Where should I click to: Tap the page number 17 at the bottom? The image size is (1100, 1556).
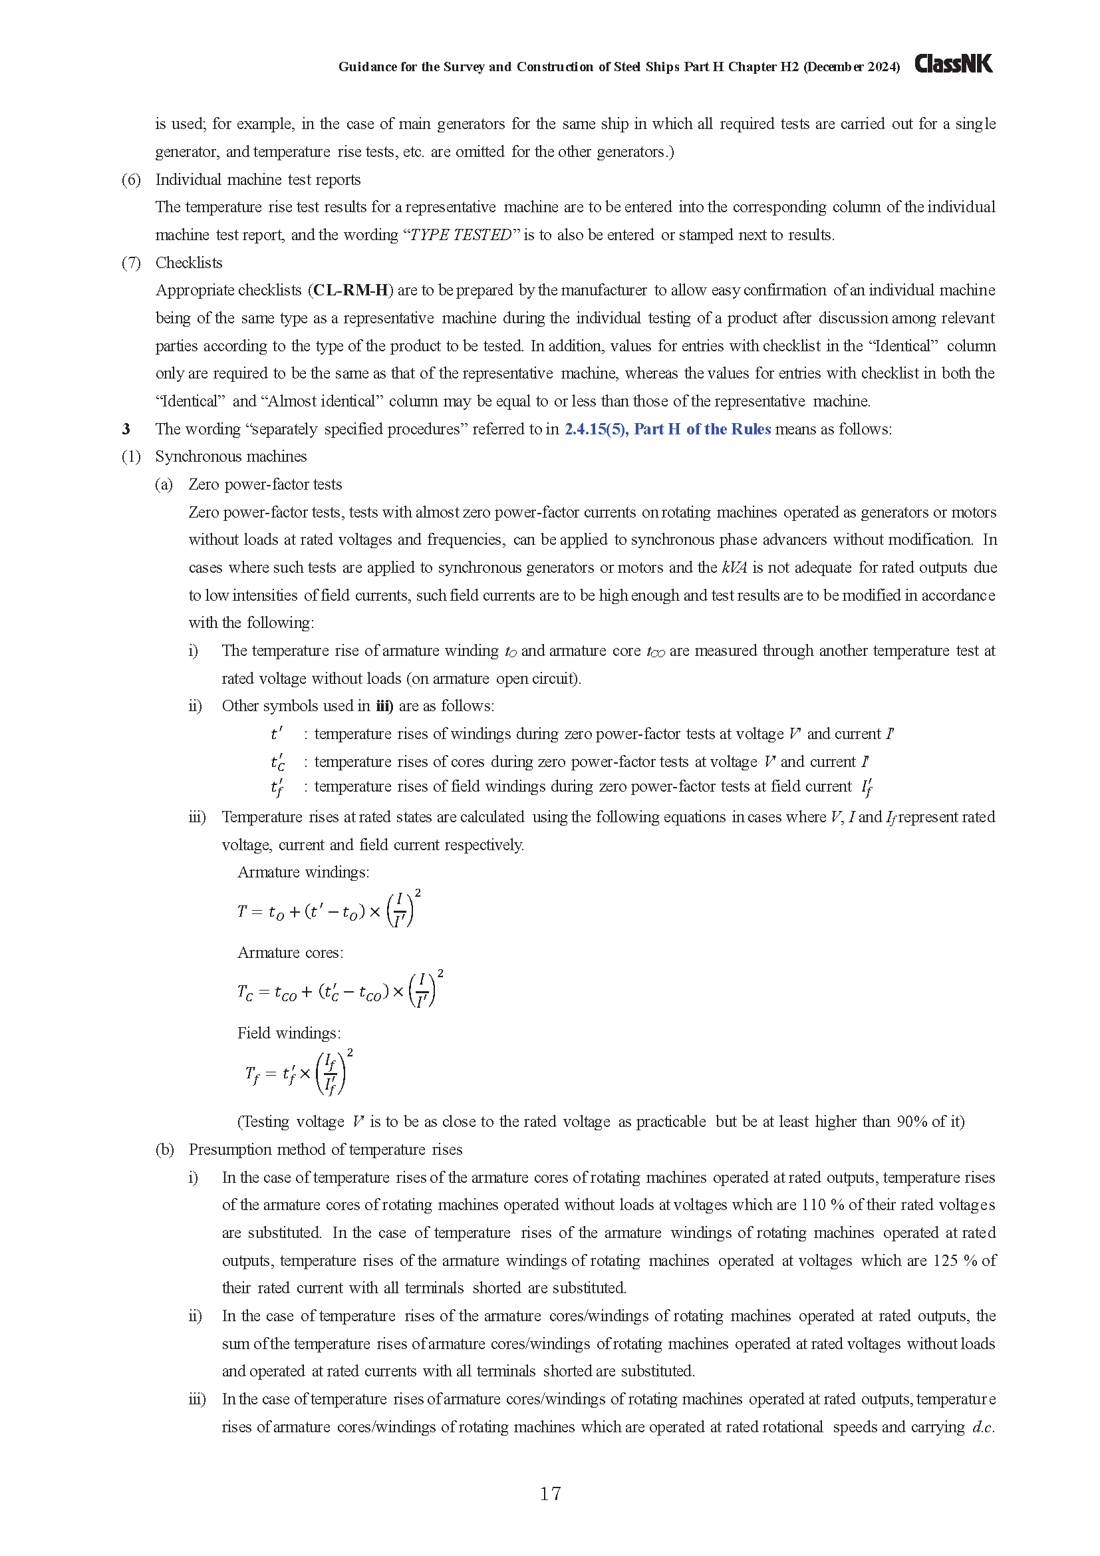point(550,1493)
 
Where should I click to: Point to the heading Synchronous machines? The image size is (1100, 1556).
point(230,456)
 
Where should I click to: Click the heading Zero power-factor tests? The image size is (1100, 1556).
point(265,484)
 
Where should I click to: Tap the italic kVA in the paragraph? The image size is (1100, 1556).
point(734,567)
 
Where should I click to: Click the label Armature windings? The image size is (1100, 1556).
point(303,872)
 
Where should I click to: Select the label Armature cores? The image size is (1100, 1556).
point(290,953)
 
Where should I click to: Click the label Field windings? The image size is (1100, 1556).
point(289,1033)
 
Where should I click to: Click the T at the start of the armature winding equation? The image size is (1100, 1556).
point(242,911)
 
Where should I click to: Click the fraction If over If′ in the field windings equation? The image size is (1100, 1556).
point(331,1074)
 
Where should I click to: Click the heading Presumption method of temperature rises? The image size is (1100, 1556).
point(325,1150)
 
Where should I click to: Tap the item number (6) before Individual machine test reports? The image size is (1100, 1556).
point(131,180)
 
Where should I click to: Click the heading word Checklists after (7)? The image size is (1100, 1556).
point(188,263)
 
